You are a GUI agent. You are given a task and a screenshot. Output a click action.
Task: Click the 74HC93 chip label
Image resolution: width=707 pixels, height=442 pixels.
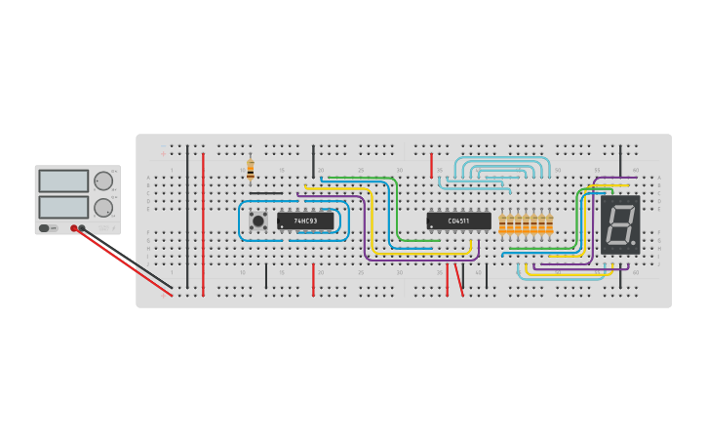(x=305, y=221)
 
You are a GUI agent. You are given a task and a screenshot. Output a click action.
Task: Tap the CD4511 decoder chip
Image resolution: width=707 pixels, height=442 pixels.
(x=458, y=221)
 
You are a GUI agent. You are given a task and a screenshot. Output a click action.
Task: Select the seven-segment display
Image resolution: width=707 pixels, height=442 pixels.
(x=620, y=225)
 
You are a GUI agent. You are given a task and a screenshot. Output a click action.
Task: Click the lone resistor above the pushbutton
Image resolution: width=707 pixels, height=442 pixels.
(x=251, y=169)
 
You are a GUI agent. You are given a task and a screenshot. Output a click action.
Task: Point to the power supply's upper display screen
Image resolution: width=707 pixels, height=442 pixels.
(x=63, y=181)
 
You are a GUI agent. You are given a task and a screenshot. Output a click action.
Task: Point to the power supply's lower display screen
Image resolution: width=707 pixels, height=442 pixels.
(x=63, y=207)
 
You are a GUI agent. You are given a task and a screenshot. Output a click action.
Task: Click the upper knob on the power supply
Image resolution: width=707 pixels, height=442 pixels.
(x=102, y=181)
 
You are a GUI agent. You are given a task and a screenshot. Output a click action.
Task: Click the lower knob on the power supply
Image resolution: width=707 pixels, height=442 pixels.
(x=102, y=207)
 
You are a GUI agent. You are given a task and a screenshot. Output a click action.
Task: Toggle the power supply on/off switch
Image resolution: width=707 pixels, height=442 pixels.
(x=45, y=228)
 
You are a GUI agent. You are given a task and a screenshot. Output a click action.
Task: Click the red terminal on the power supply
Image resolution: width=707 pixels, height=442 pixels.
(x=73, y=228)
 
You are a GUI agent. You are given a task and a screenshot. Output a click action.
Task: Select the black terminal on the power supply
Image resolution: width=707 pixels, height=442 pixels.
(x=82, y=228)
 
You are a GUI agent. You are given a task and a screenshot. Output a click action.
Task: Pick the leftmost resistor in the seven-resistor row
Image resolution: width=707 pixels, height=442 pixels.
(x=502, y=225)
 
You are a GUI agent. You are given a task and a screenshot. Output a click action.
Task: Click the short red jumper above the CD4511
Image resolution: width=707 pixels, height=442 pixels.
(x=431, y=165)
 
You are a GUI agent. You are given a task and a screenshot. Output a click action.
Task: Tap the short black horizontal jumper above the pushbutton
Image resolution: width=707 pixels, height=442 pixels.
(x=266, y=193)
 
